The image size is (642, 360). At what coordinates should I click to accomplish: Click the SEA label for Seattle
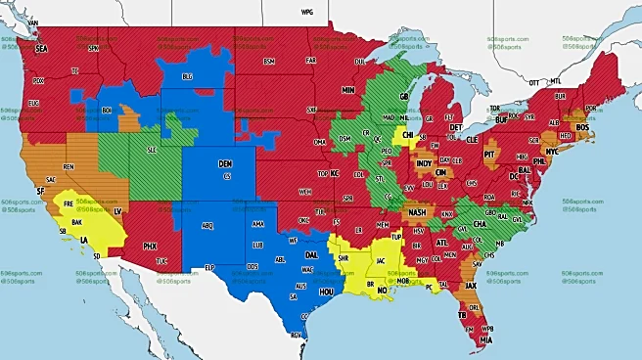41,47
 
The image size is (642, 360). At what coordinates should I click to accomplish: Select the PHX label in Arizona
150,245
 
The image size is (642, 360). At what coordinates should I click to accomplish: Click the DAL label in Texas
310,253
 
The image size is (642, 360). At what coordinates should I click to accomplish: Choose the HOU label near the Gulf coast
327,292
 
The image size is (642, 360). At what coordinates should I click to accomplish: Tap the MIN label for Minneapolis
347,89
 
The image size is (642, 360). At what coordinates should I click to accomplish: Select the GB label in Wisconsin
402,97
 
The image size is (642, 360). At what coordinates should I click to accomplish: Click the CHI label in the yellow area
408,135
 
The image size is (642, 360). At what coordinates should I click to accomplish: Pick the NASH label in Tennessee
418,212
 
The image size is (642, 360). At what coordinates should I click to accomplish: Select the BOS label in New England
584,127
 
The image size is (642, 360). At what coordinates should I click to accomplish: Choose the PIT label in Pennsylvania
491,154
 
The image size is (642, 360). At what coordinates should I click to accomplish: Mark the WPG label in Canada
306,12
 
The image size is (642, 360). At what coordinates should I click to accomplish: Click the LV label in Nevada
118,210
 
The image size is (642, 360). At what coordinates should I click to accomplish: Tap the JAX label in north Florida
472,286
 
